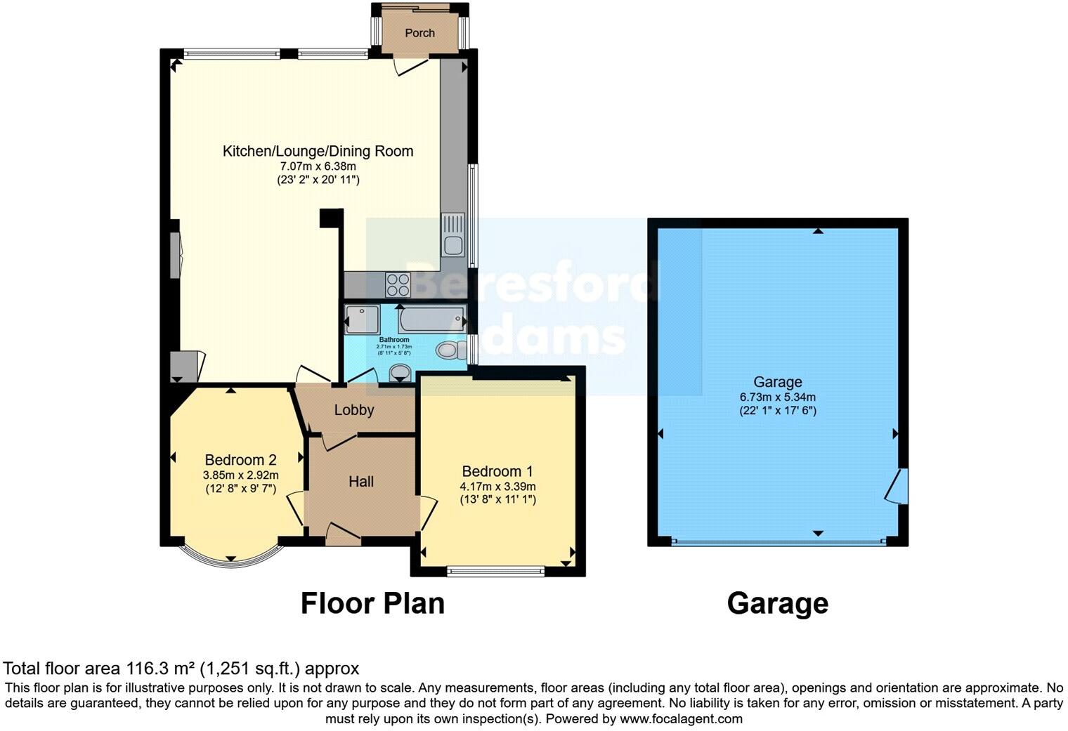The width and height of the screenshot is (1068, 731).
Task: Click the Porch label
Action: [419, 33]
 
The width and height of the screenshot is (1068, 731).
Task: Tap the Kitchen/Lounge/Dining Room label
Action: [318, 151]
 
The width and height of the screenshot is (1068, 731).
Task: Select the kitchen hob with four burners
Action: [398, 284]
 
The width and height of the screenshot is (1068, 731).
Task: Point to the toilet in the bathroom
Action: [448, 350]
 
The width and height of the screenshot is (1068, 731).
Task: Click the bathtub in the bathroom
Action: [431, 320]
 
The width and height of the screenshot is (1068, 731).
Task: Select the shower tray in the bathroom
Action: [362, 320]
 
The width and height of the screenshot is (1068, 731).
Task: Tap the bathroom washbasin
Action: [400, 371]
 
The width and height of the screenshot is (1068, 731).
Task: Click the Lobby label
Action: [354, 410]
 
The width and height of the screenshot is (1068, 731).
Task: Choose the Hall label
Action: [361, 482]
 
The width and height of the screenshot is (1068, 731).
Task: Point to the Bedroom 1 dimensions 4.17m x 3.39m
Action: [497, 487]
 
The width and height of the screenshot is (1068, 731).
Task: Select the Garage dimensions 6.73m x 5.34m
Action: [777, 397]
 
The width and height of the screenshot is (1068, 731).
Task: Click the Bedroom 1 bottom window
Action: [496, 572]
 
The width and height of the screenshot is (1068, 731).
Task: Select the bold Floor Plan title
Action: [372, 603]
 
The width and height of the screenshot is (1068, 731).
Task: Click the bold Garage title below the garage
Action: [777, 603]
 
